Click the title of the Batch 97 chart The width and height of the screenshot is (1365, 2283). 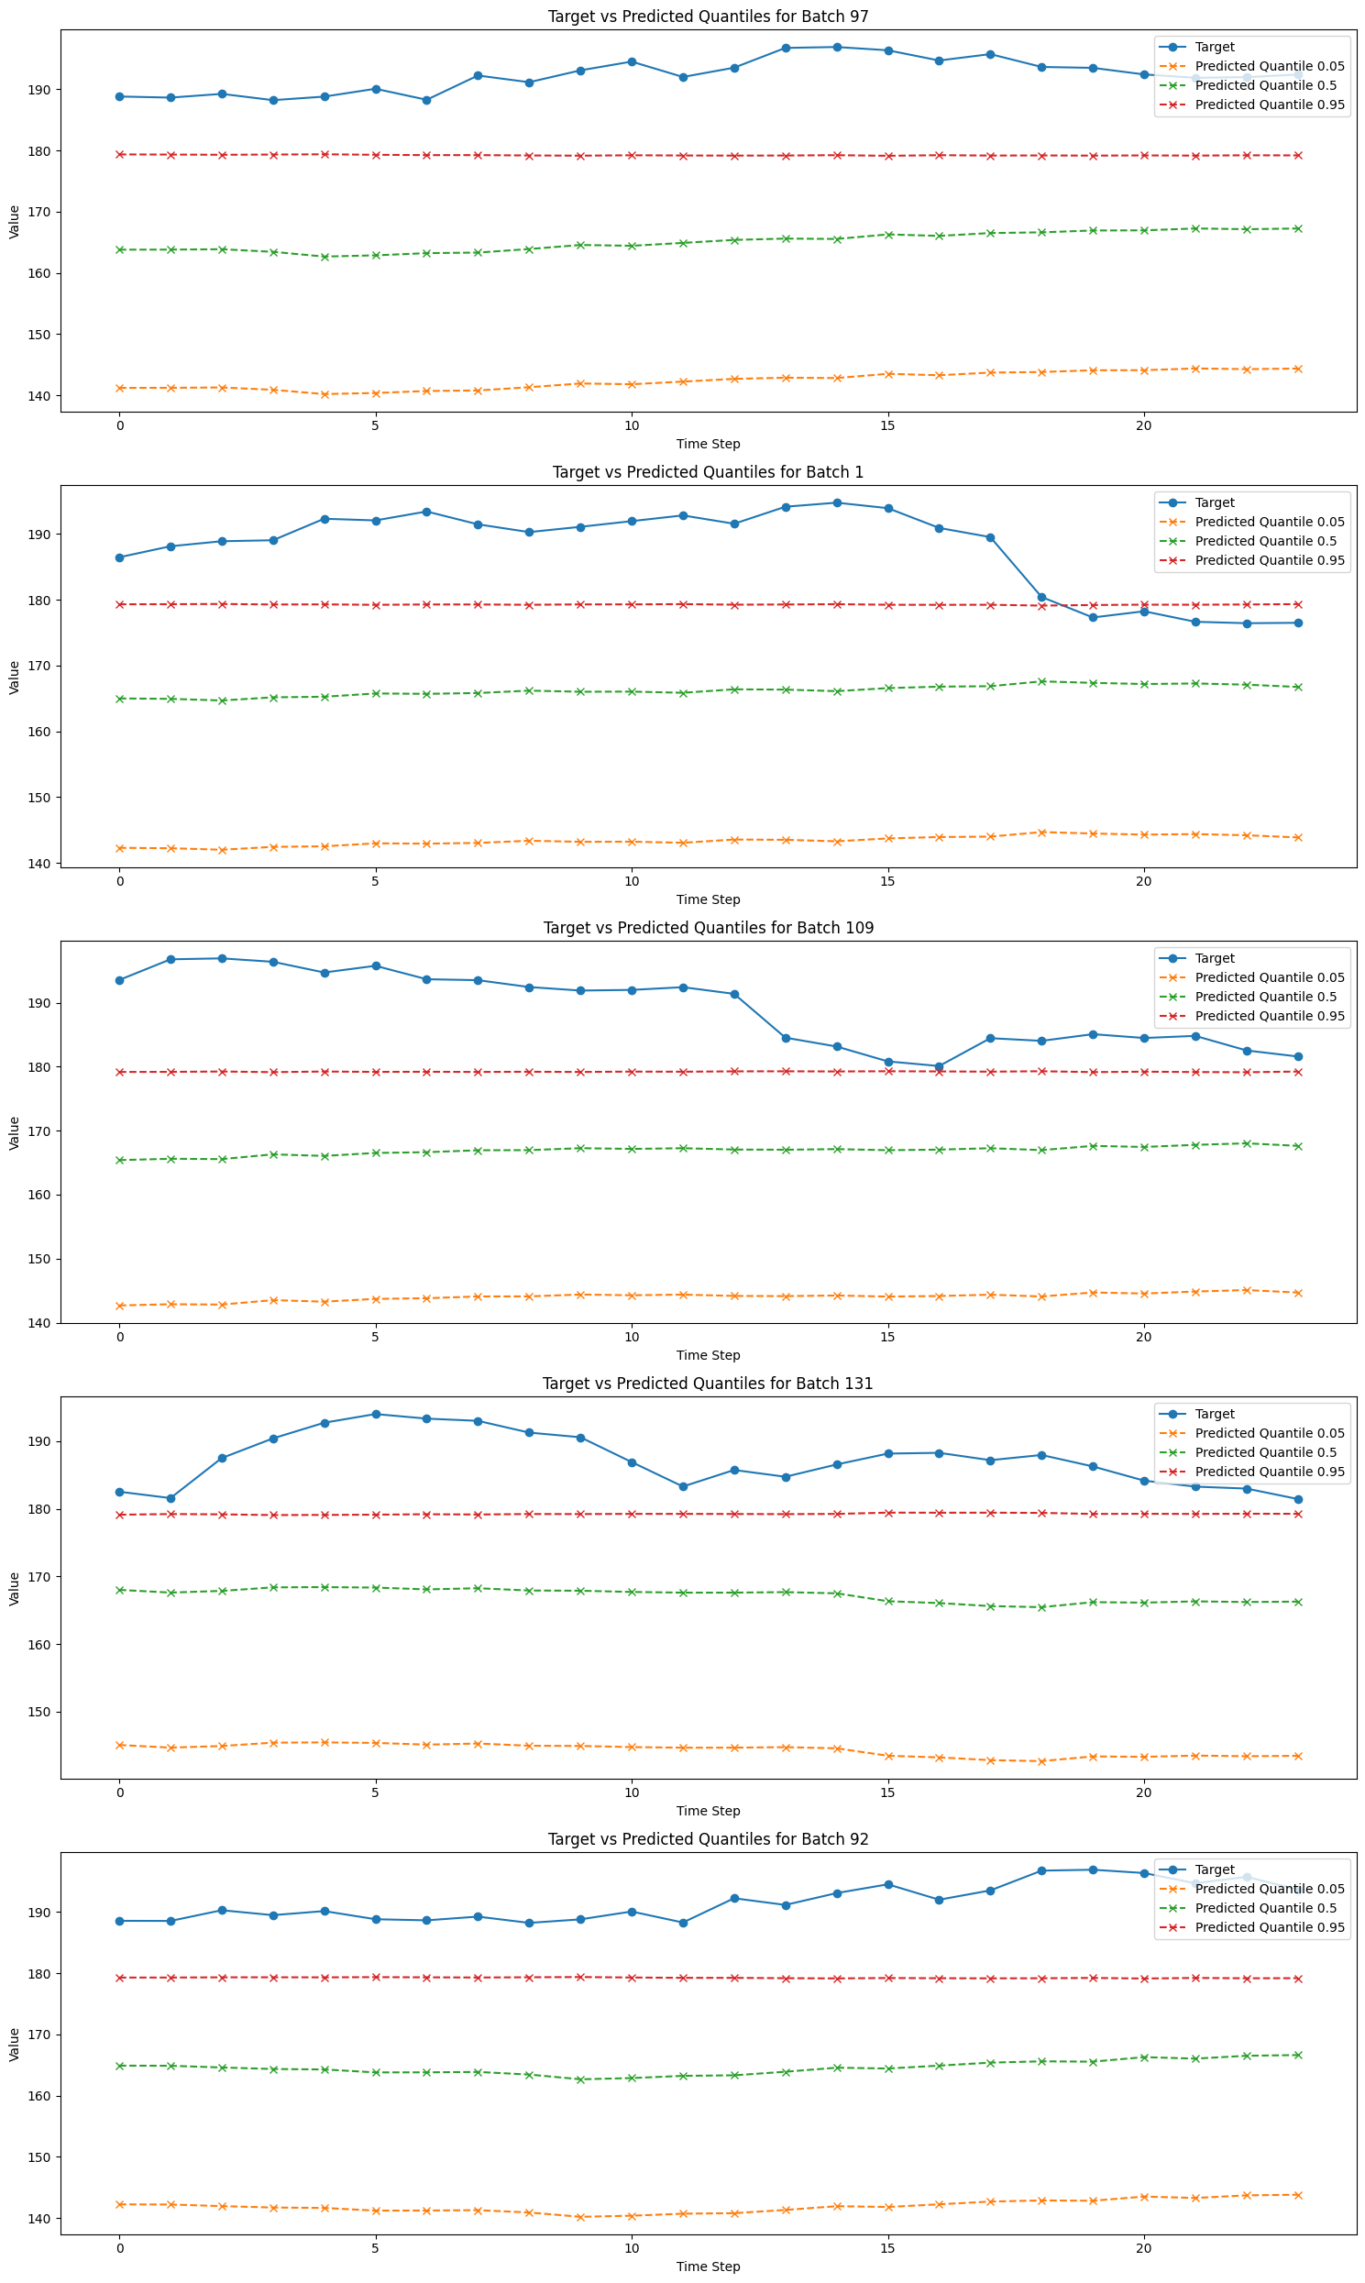tap(709, 16)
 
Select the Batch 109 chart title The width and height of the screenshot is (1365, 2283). tap(709, 927)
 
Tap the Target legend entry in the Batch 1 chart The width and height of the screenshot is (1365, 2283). tap(1214, 502)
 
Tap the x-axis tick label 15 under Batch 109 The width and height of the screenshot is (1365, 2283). tap(887, 1338)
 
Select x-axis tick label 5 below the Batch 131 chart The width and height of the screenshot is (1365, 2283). tap(375, 1792)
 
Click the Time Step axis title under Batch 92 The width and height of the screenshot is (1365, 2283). tap(709, 2266)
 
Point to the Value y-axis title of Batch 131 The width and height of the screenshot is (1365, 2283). tap(15, 1589)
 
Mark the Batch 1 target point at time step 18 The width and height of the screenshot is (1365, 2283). tap(1041, 597)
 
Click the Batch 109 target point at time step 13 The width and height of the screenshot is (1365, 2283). tap(786, 1038)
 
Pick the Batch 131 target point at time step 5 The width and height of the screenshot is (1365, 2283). tap(375, 1414)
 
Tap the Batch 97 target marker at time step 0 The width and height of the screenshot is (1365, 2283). tap(119, 96)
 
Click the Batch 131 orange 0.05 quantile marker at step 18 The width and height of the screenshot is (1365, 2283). tap(1041, 1761)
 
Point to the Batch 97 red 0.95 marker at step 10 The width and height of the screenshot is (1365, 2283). tap(632, 156)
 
